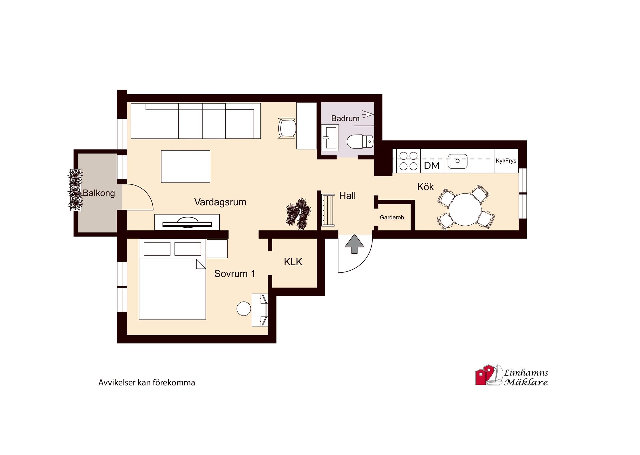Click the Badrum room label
[345, 118]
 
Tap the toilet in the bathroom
[360, 142]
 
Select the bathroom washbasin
[330, 137]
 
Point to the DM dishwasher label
[432, 165]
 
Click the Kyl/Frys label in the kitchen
[506, 161]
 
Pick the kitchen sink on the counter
[457, 161]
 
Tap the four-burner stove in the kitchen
[409, 161]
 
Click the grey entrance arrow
[354, 244]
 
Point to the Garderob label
[392, 217]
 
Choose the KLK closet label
[293, 262]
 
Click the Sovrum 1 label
[235, 274]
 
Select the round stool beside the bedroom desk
[244, 309]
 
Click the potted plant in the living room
[298, 213]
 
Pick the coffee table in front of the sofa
[185, 166]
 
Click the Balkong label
[99, 193]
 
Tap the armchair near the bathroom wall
[287, 128]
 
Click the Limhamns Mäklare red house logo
[485, 375]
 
